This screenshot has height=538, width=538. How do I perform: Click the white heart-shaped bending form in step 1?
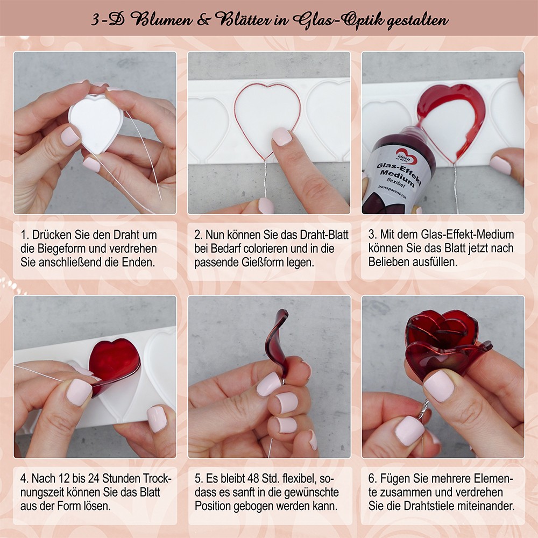coord(96,124)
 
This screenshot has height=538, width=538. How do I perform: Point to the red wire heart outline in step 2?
coord(267,122)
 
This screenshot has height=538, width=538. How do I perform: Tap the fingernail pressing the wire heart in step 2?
coord(282,136)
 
